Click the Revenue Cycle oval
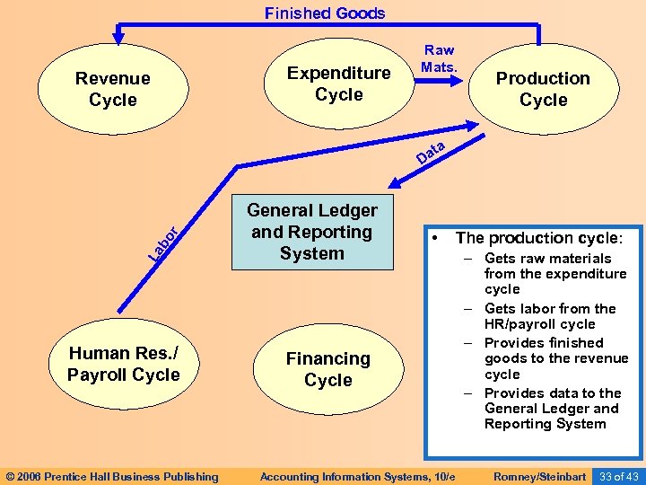(x=113, y=89)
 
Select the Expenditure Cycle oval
(x=339, y=84)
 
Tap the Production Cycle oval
(x=543, y=89)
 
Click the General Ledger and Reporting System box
(x=312, y=232)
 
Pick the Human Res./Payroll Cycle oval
(x=124, y=364)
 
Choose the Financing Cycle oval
(x=328, y=369)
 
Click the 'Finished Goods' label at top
(x=325, y=13)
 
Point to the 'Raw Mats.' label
(x=440, y=58)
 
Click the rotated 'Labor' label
(x=167, y=242)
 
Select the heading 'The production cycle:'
(x=538, y=238)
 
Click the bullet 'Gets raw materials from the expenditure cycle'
(x=554, y=274)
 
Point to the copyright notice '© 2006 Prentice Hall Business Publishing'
(x=112, y=476)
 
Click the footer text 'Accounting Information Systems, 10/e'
(x=358, y=476)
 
